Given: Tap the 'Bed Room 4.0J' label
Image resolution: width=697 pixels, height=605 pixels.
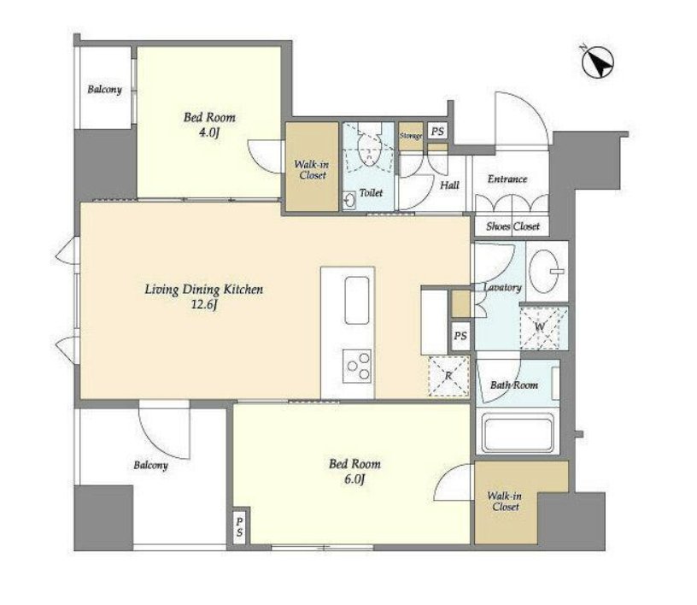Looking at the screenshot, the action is tap(209, 125).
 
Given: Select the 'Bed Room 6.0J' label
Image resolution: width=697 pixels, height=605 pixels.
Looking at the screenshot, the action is tap(354, 471).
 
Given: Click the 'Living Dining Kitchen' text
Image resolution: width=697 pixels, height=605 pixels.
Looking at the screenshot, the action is tap(204, 290).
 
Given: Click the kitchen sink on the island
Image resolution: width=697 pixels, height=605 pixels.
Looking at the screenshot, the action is tap(357, 300).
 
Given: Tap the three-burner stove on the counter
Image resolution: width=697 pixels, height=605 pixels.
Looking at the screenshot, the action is tap(357, 366).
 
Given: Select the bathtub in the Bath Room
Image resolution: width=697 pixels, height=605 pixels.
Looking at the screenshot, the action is tap(518, 433).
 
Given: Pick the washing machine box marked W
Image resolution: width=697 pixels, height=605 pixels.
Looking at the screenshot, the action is tap(544, 328).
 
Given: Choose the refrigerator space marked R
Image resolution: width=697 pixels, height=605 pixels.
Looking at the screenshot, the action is tap(448, 376).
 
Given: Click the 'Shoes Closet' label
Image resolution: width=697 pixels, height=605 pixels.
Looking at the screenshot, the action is tap(512, 226).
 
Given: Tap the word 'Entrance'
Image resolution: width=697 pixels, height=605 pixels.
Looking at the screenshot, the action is tap(507, 179).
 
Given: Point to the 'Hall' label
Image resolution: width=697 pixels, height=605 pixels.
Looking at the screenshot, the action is tap(449, 185).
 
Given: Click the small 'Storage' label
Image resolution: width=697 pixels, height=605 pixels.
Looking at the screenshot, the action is tap(410, 136).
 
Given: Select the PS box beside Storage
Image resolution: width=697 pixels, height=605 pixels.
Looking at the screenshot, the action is tap(437, 132).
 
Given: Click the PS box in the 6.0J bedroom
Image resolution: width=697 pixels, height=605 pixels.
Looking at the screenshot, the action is tap(239, 526).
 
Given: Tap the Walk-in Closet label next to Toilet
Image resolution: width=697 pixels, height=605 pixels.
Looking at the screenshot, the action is tap(312, 169).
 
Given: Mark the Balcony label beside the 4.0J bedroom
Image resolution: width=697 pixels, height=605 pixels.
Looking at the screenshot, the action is tap(104, 90).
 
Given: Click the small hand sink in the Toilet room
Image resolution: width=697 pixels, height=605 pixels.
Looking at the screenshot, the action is tap(349, 200).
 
